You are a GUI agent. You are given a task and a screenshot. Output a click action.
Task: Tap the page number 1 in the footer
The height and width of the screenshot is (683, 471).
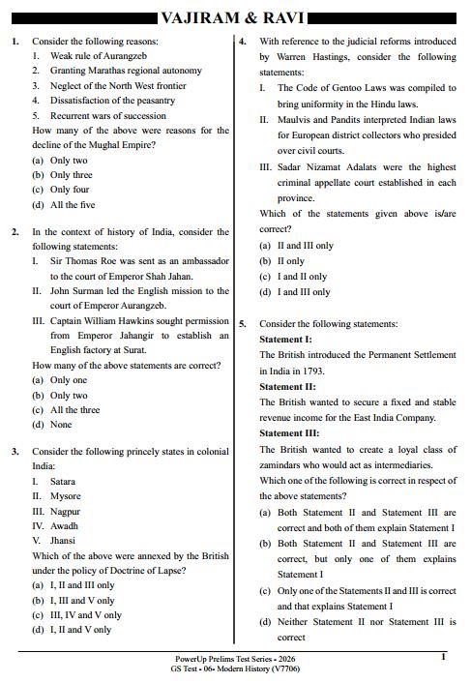pos(443,657)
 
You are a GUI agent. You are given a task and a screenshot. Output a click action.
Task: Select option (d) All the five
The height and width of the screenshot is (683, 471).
pos(64,204)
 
